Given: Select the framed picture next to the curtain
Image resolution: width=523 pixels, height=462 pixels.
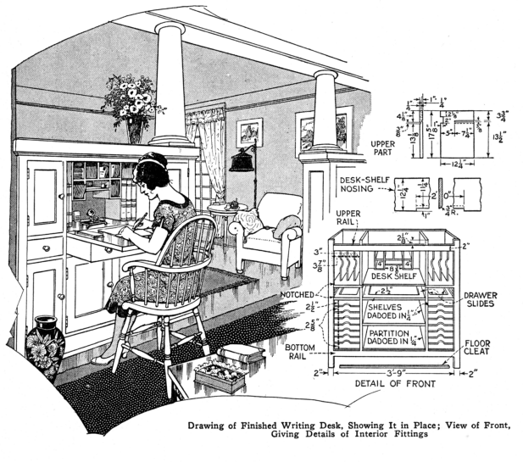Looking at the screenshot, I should (x=249, y=133).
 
